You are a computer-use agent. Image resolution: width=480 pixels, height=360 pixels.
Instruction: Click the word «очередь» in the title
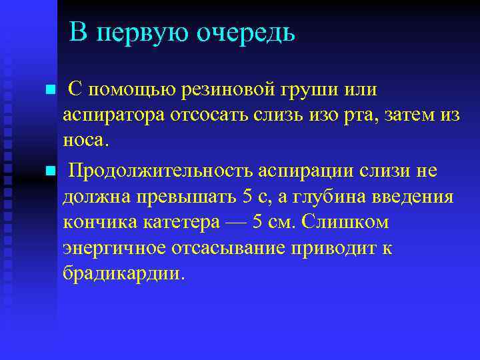245,33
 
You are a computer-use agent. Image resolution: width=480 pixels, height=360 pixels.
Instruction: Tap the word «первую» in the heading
147,33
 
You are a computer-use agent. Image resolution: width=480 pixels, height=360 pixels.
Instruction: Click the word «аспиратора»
111,115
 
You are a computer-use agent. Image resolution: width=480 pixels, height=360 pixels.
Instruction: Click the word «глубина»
325,197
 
